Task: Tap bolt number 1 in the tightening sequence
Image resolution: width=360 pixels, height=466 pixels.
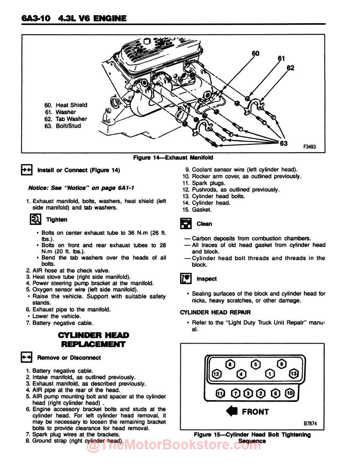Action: click(270, 374)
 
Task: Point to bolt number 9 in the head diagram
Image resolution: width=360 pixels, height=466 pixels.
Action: click(282, 364)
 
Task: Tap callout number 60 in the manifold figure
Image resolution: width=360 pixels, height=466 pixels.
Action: click(256, 53)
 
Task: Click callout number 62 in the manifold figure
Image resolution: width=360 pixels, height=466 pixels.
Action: click(290, 68)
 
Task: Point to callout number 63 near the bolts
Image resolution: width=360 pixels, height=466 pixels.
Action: click(284, 143)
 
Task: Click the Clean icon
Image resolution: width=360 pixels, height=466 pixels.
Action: click(185, 224)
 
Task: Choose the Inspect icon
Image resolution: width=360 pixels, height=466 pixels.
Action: click(185, 279)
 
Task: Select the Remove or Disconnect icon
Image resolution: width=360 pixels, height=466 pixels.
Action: click(27, 358)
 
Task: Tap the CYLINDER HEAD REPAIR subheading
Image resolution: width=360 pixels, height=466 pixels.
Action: click(215, 312)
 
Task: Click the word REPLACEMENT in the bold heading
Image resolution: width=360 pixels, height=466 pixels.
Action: click(93, 344)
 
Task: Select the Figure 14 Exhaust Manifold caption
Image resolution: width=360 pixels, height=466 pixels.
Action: click(173, 157)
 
